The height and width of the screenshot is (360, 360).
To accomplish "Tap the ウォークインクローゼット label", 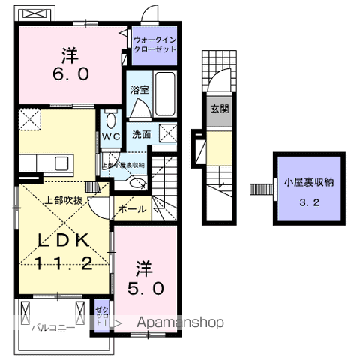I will click(x=154, y=44).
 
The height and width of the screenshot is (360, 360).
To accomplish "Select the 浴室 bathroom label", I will click(x=139, y=89).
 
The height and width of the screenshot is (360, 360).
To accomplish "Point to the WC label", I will click(x=111, y=136).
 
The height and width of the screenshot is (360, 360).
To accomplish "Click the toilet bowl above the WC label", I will click(x=111, y=120).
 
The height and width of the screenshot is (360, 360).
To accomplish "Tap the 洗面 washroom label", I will click(x=142, y=135).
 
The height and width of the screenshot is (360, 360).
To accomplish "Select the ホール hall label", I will click(x=132, y=210).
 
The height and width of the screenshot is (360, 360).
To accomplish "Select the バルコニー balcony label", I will click(x=52, y=328).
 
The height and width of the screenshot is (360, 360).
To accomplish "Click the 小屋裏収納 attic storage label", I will click(x=308, y=181).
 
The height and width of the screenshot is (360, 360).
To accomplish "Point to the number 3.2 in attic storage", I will click(x=308, y=202).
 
